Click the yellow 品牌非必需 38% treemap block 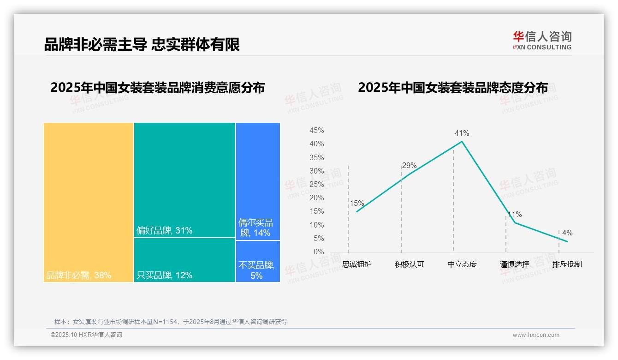coord(89,202)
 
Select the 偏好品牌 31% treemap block coord(184,180)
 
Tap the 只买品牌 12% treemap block coord(184,260)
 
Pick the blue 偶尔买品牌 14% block coord(258,181)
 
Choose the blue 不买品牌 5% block coord(258,261)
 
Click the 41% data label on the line coord(462,133)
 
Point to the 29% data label coord(409,166)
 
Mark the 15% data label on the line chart coord(357,204)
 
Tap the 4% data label coord(567,233)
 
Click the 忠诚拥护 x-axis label coord(357,265)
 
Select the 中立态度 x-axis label coord(462,265)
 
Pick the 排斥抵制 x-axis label coord(567,265)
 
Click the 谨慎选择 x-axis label coord(514,265)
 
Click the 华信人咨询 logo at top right coord(542,40)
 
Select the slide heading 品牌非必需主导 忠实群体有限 coord(142,45)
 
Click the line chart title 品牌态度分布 coord(453,88)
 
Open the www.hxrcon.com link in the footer coord(536,335)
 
